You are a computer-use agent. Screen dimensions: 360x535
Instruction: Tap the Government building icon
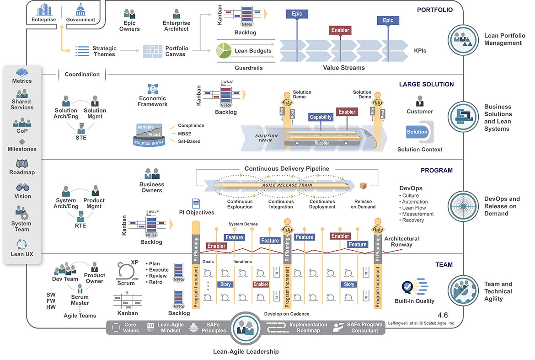80,9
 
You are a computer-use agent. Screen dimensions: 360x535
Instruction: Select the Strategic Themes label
104,51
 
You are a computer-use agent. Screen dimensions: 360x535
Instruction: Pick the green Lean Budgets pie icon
223,51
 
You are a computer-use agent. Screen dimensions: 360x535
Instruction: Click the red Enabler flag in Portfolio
340,30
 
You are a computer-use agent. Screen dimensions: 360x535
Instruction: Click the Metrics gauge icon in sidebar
22,72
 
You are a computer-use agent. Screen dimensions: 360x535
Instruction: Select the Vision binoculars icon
22,188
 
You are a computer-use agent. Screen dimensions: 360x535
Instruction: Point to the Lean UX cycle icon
22,244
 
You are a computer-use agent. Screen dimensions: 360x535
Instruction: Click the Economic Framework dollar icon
153,89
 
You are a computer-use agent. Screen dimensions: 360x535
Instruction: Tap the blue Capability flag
321,117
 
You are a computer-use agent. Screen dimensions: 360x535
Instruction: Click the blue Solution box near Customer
417,132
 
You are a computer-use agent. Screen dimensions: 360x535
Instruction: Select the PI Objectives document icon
196,203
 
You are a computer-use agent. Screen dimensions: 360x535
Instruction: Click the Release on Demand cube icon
363,186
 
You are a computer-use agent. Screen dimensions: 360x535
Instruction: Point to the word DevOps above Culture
411,188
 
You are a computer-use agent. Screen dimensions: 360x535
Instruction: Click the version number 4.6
442,315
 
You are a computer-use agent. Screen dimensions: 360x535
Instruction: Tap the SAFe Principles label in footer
214,328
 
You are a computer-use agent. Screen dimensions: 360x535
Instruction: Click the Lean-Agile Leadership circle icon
246,328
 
